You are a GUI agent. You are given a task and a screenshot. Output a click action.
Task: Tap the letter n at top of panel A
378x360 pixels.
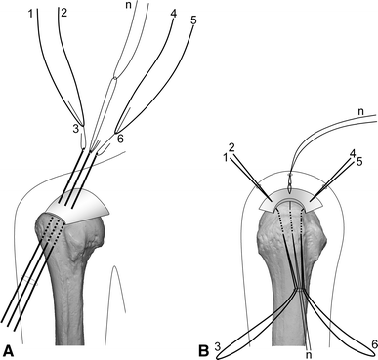130,7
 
